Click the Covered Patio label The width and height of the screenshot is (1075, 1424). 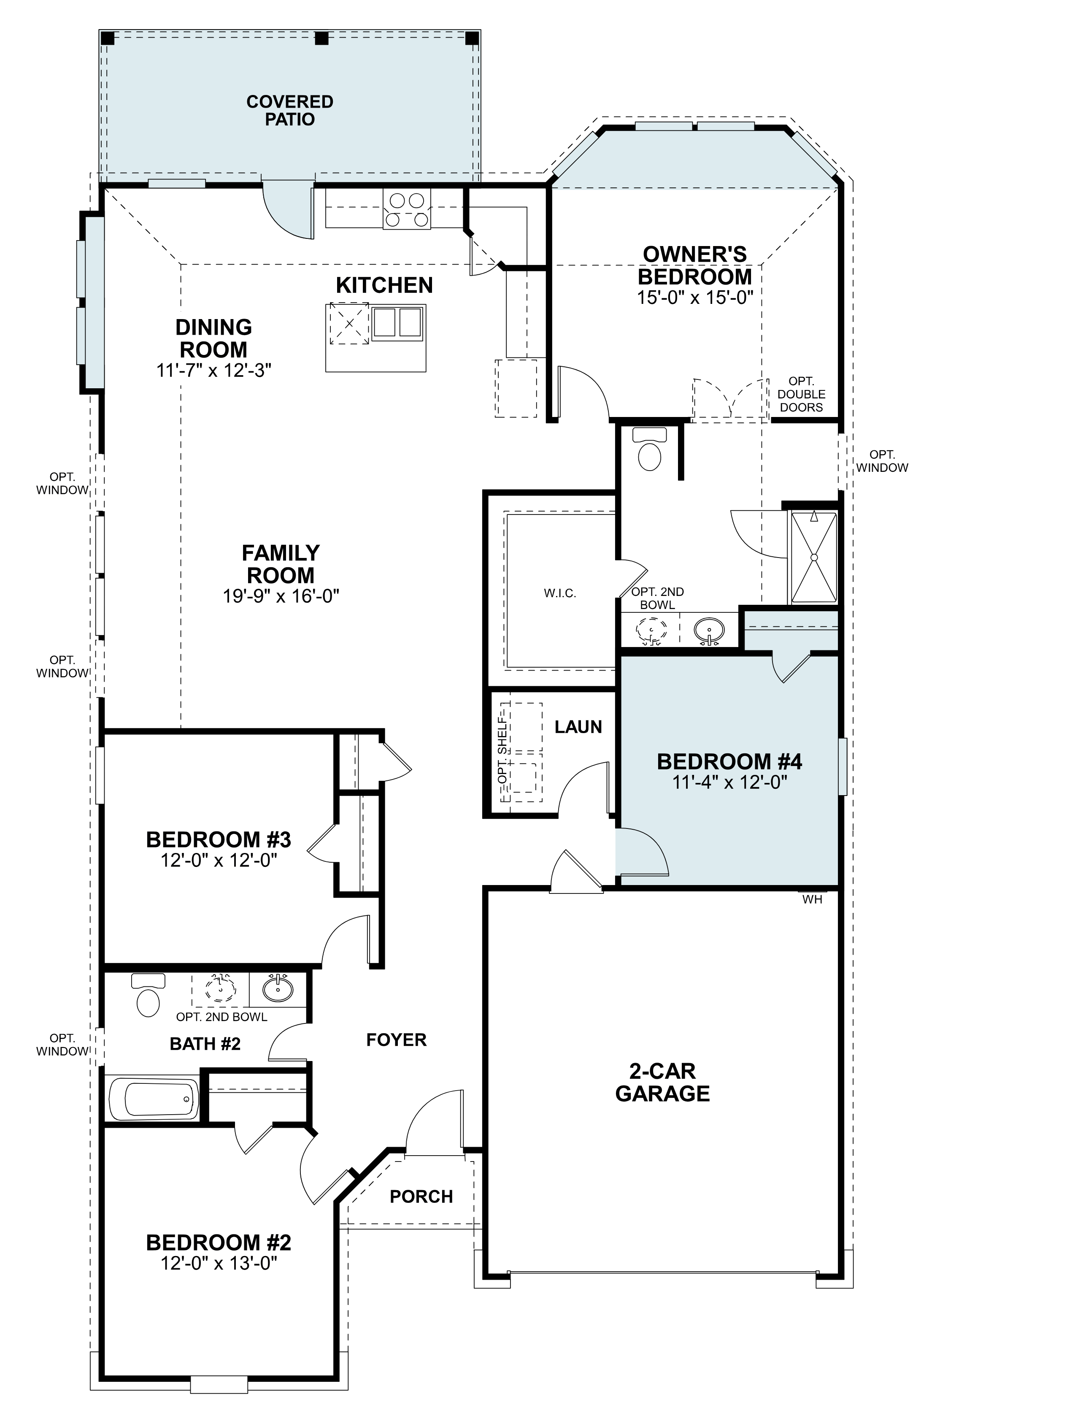click(290, 110)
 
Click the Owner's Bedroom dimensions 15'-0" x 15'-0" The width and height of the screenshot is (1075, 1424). click(694, 298)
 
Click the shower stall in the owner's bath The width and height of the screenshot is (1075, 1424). click(814, 557)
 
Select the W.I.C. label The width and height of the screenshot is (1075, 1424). click(559, 593)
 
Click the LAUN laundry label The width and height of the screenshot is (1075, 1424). click(578, 727)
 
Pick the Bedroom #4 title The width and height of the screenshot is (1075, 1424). click(729, 761)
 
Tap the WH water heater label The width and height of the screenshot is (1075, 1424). click(812, 899)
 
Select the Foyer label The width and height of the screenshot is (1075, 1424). click(396, 1040)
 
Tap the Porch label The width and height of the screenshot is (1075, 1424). click(421, 1196)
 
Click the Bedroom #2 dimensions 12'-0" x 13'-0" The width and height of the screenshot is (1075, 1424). click(219, 1263)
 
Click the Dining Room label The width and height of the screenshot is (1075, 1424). click(214, 338)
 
